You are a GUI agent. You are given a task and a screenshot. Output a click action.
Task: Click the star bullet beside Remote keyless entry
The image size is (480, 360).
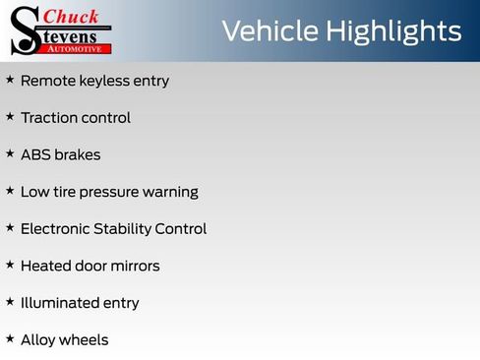click(x=10, y=80)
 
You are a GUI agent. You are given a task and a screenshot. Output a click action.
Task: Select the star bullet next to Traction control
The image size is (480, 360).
click(x=10, y=116)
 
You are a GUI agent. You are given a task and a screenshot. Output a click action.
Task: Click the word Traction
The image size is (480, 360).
click(x=49, y=117)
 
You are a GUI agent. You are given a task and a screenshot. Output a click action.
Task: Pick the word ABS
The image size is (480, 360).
click(x=35, y=154)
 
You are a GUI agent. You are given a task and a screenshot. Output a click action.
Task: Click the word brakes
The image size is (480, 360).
click(x=78, y=154)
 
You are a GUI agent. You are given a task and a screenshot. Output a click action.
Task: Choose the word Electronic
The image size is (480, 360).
click(x=57, y=228)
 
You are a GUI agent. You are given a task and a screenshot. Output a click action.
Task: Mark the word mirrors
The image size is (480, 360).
click(x=134, y=266)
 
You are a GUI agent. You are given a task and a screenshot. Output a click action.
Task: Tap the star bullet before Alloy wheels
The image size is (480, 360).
click(x=10, y=338)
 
